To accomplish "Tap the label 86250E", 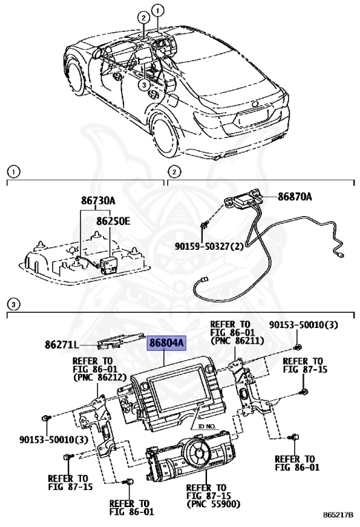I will click(114, 222).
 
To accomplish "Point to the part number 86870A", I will click(294, 197).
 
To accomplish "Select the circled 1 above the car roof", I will click(159, 10).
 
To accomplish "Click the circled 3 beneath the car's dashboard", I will click(143, 86).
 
